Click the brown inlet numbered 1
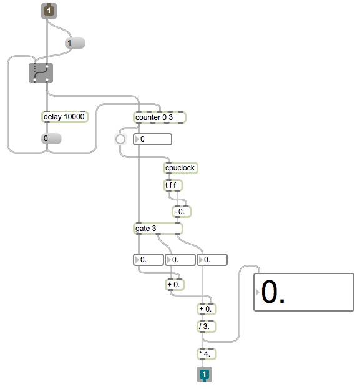(49, 11)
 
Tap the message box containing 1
(75, 43)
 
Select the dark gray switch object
(41, 73)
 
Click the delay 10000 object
(64, 117)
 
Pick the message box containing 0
(51, 139)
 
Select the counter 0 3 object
(160, 117)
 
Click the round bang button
(120, 139)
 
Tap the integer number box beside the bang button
(152, 139)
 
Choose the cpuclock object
(180, 168)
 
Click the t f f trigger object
(173, 185)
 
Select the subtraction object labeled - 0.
(182, 212)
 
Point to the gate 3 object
(158, 229)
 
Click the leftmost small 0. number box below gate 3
(148, 260)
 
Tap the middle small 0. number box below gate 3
(180, 260)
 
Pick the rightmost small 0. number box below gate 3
(212, 260)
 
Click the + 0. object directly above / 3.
(207, 309)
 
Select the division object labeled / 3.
(207, 327)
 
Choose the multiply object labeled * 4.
(207, 354)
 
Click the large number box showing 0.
(304, 292)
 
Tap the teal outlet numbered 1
(204, 374)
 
